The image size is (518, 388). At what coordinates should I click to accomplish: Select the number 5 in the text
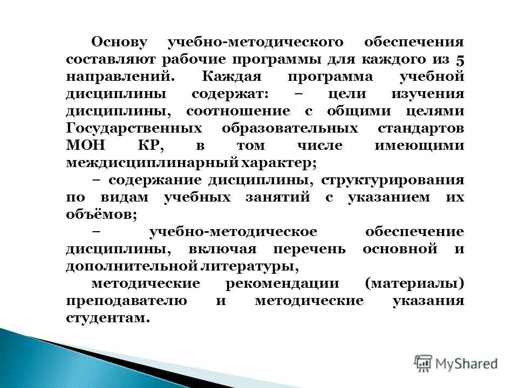pos(459,59)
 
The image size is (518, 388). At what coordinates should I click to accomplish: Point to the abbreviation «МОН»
pos(83,145)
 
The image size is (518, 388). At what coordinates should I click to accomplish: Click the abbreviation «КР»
pos(149,145)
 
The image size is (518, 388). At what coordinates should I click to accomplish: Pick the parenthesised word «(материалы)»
pos(414,283)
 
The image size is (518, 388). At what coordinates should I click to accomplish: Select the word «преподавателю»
pos(127,301)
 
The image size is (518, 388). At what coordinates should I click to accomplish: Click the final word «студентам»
pos(106,318)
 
